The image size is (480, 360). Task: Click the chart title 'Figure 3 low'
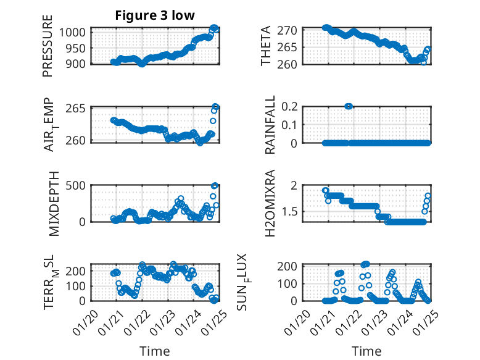155,15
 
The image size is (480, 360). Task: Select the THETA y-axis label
266,46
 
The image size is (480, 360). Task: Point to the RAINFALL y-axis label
270,125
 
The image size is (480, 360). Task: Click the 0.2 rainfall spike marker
349,106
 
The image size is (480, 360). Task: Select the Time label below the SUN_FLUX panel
367,351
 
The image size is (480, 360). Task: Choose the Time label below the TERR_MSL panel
154,351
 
